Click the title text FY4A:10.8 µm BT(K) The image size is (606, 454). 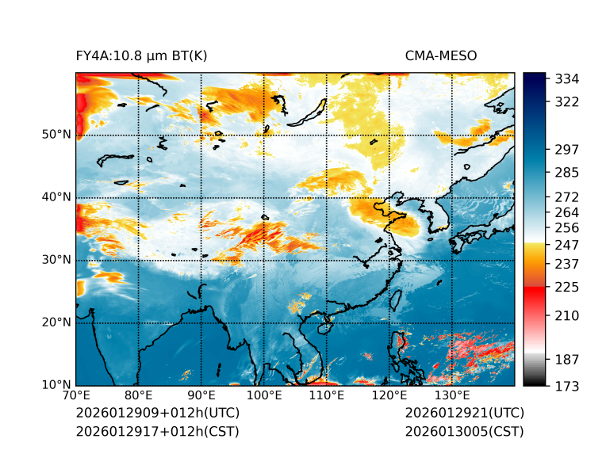(x=142, y=55)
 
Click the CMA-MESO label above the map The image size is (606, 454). (x=440, y=55)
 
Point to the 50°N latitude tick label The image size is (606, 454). (x=56, y=135)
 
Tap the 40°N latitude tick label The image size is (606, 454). (x=56, y=197)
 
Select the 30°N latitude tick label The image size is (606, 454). (x=56, y=260)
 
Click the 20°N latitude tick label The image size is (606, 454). (x=56, y=322)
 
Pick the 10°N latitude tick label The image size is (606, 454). (x=56, y=385)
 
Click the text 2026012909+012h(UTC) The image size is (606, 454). (x=157, y=414)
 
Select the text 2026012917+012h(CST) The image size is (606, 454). (x=157, y=432)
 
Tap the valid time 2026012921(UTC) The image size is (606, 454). (x=464, y=414)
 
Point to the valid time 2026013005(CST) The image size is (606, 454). (x=464, y=432)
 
